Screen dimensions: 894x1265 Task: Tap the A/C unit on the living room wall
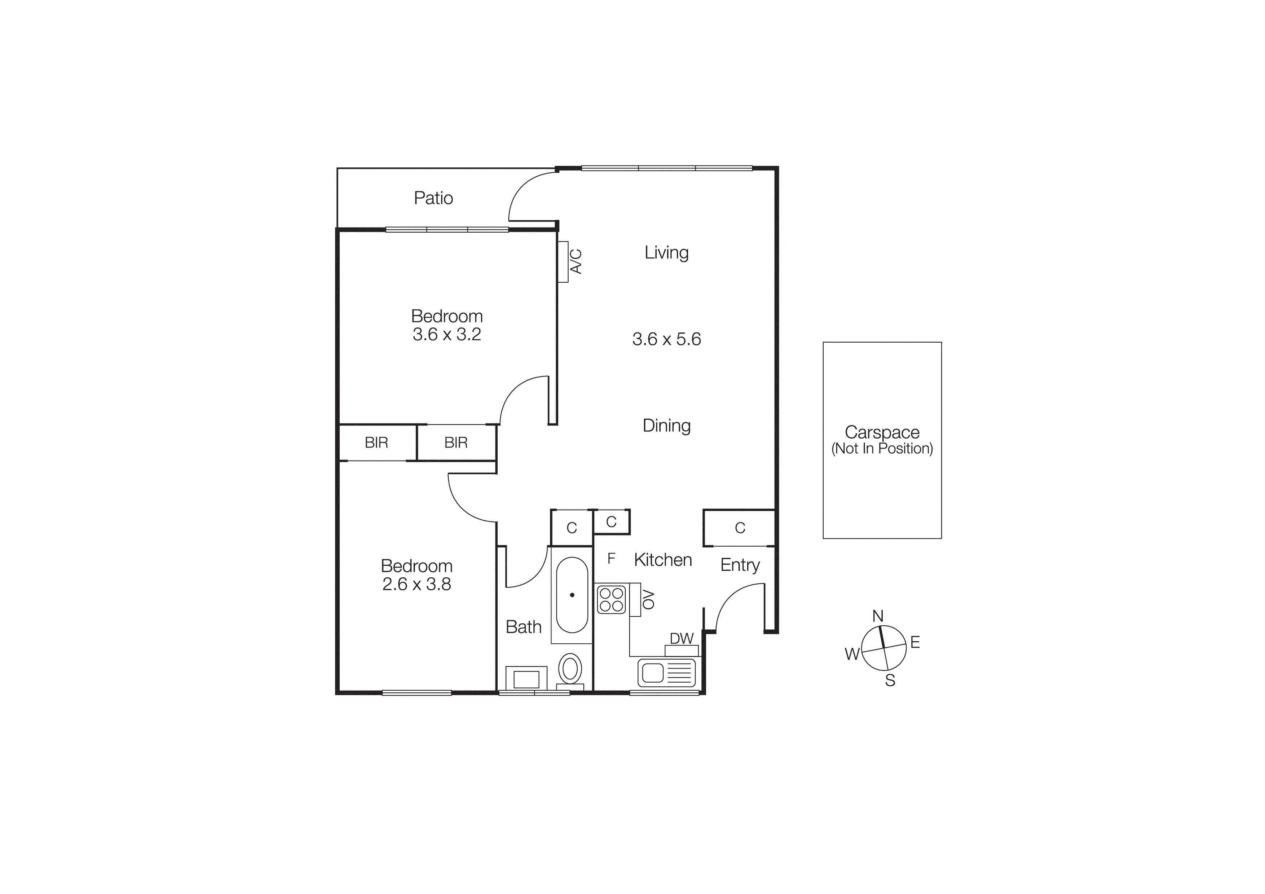pos(563,262)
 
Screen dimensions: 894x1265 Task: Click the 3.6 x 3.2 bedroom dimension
pos(446,334)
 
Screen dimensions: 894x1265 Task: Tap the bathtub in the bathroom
pos(572,595)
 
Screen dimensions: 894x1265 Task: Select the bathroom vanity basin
pos(526,679)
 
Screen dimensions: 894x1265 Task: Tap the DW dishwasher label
pos(682,638)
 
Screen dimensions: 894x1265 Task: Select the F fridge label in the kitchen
pos(611,559)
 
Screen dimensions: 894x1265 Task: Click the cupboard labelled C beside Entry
pos(739,528)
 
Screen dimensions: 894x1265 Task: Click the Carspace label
pos(882,432)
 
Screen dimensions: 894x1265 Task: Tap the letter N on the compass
pos(878,616)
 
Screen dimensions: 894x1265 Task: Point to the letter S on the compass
pos(890,681)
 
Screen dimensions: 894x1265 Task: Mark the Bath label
pos(523,627)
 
